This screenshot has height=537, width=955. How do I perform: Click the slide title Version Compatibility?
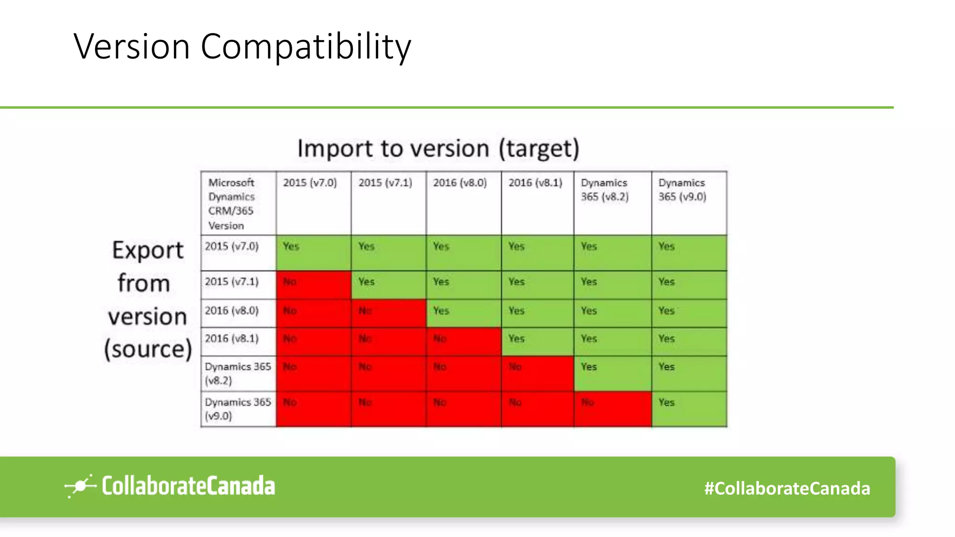click(x=242, y=46)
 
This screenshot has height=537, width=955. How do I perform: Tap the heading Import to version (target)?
click(x=438, y=149)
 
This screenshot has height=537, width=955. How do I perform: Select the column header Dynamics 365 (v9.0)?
click(x=682, y=190)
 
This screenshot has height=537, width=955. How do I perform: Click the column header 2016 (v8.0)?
click(x=460, y=183)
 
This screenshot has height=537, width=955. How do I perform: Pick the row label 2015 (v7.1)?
click(x=232, y=282)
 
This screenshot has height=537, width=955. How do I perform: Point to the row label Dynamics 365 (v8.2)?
click(x=238, y=373)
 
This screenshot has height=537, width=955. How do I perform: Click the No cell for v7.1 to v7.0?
click(x=313, y=285)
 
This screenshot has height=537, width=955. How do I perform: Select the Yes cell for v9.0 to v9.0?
click(x=689, y=409)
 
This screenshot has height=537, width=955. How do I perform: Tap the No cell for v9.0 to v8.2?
click(x=612, y=409)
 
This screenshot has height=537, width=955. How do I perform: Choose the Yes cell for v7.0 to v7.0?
click(x=313, y=252)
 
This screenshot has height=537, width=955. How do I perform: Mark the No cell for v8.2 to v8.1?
click(x=537, y=373)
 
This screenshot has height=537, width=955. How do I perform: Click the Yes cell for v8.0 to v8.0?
click(x=463, y=313)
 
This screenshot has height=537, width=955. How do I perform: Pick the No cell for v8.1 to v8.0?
click(x=463, y=341)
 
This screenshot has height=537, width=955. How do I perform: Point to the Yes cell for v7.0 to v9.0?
click(x=689, y=252)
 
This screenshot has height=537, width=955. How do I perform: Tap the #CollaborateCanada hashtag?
click(x=787, y=489)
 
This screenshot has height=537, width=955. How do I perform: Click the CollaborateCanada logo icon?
click(x=80, y=486)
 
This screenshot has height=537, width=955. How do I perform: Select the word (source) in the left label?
click(x=148, y=349)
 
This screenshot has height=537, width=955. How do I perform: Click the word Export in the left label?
click(x=148, y=250)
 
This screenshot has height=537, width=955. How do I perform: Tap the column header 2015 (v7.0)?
click(x=310, y=183)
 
